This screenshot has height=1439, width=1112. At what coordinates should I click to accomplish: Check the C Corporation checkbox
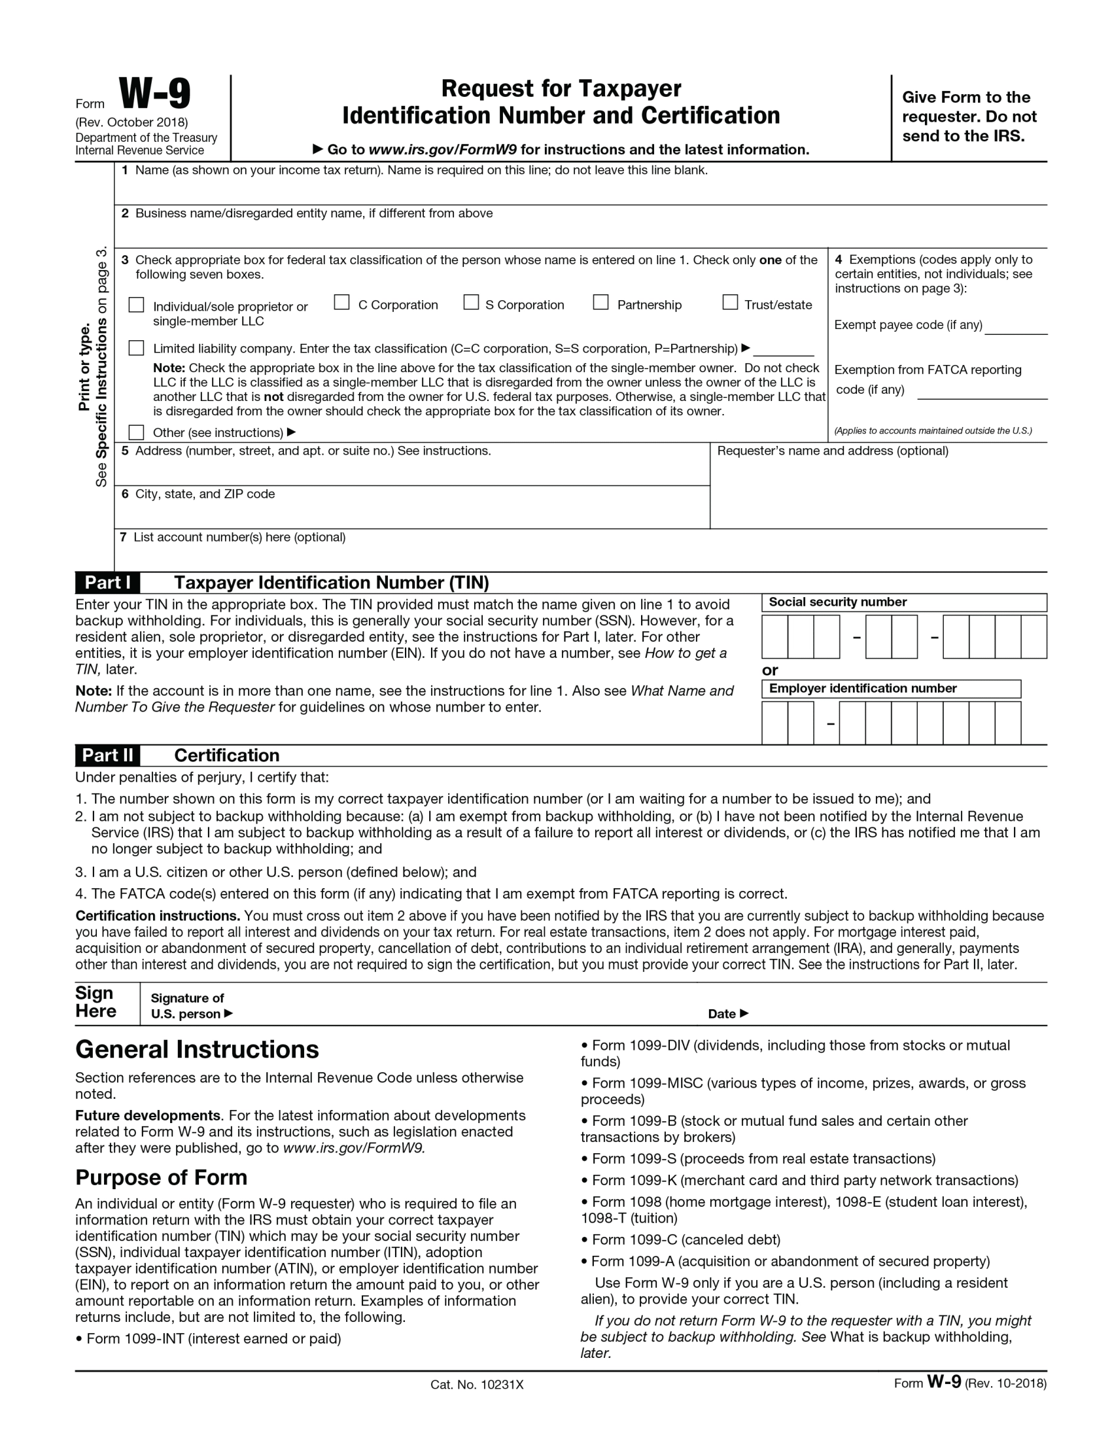pos(341,302)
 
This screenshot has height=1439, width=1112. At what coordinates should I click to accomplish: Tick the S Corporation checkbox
pos(471,302)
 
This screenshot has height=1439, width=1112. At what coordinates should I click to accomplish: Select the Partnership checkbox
pos(600,302)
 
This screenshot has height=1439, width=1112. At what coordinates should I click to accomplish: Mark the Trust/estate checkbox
pos(730,302)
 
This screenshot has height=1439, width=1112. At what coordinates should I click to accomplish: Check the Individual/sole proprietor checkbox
pos(136,304)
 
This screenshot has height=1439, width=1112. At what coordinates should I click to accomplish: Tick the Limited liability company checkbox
pos(136,348)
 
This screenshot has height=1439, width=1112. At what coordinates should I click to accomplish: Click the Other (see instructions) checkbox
pos(136,432)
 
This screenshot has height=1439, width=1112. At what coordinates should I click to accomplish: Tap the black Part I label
pos(107,582)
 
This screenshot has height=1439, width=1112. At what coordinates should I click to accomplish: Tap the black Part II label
pos(107,755)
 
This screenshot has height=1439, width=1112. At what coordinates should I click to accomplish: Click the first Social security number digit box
pos(774,636)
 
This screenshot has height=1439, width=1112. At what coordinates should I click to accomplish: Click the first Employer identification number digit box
pos(774,723)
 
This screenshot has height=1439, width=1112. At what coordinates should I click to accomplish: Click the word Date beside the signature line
pos(722,1014)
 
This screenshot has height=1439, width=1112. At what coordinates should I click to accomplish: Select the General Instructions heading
pos(197,1050)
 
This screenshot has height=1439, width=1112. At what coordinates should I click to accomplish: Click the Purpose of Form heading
pos(162,1177)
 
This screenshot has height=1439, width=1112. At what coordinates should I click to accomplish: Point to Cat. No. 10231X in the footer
pos(477,1384)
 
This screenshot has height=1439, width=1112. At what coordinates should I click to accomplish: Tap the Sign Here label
pos(95,1002)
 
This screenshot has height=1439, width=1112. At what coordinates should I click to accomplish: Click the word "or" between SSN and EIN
pos(770,670)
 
